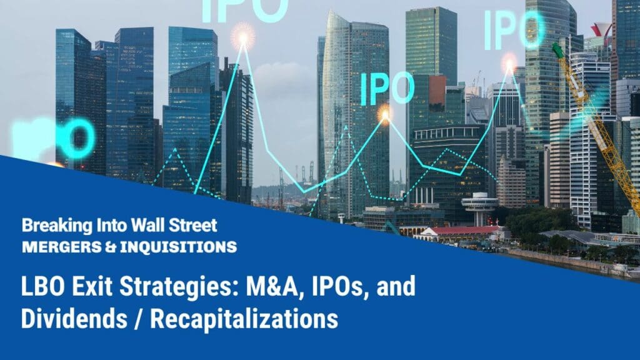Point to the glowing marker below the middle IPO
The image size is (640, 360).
click(384, 114)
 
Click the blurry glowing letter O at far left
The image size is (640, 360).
click(80, 139)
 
